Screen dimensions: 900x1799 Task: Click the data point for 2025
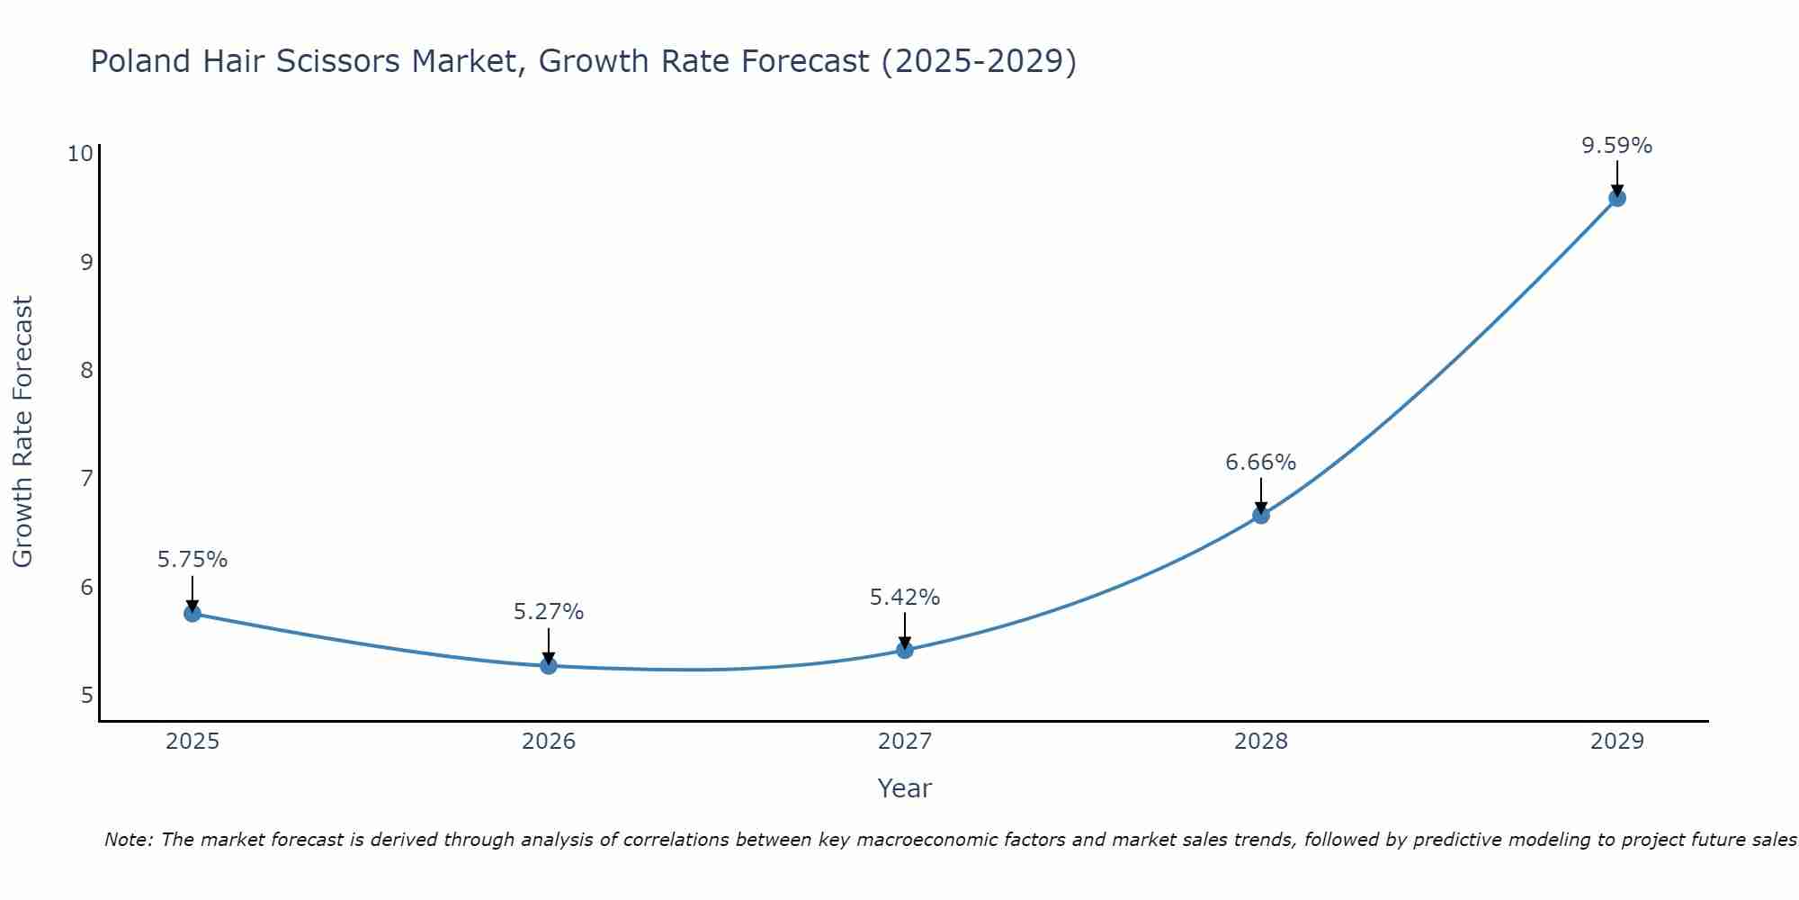[x=192, y=614]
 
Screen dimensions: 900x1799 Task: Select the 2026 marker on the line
[x=549, y=666]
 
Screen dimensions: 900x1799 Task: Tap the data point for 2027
[x=905, y=650]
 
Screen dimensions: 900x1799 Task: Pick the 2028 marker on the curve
[x=1261, y=515]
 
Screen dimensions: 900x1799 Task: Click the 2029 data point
[x=1616, y=198]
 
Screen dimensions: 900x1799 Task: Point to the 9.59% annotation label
[x=1616, y=146]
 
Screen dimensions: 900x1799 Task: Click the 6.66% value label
[x=1260, y=463]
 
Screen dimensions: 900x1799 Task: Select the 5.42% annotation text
[x=904, y=598]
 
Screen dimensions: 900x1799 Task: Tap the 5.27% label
[x=549, y=612]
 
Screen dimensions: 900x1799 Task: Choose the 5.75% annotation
[x=192, y=560]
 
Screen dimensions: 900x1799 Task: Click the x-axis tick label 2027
[x=905, y=742]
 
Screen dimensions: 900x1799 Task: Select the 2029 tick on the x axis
[x=1616, y=742]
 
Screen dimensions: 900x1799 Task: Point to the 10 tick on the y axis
[x=80, y=153]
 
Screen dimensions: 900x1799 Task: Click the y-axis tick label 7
[x=86, y=478]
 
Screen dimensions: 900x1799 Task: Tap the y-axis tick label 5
[x=86, y=695]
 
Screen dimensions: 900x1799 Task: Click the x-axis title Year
[x=904, y=788]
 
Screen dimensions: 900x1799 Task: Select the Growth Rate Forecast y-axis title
[x=23, y=432]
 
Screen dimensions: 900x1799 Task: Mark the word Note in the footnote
[x=128, y=840]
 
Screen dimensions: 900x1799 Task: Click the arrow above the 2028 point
[x=1261, y=495]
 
